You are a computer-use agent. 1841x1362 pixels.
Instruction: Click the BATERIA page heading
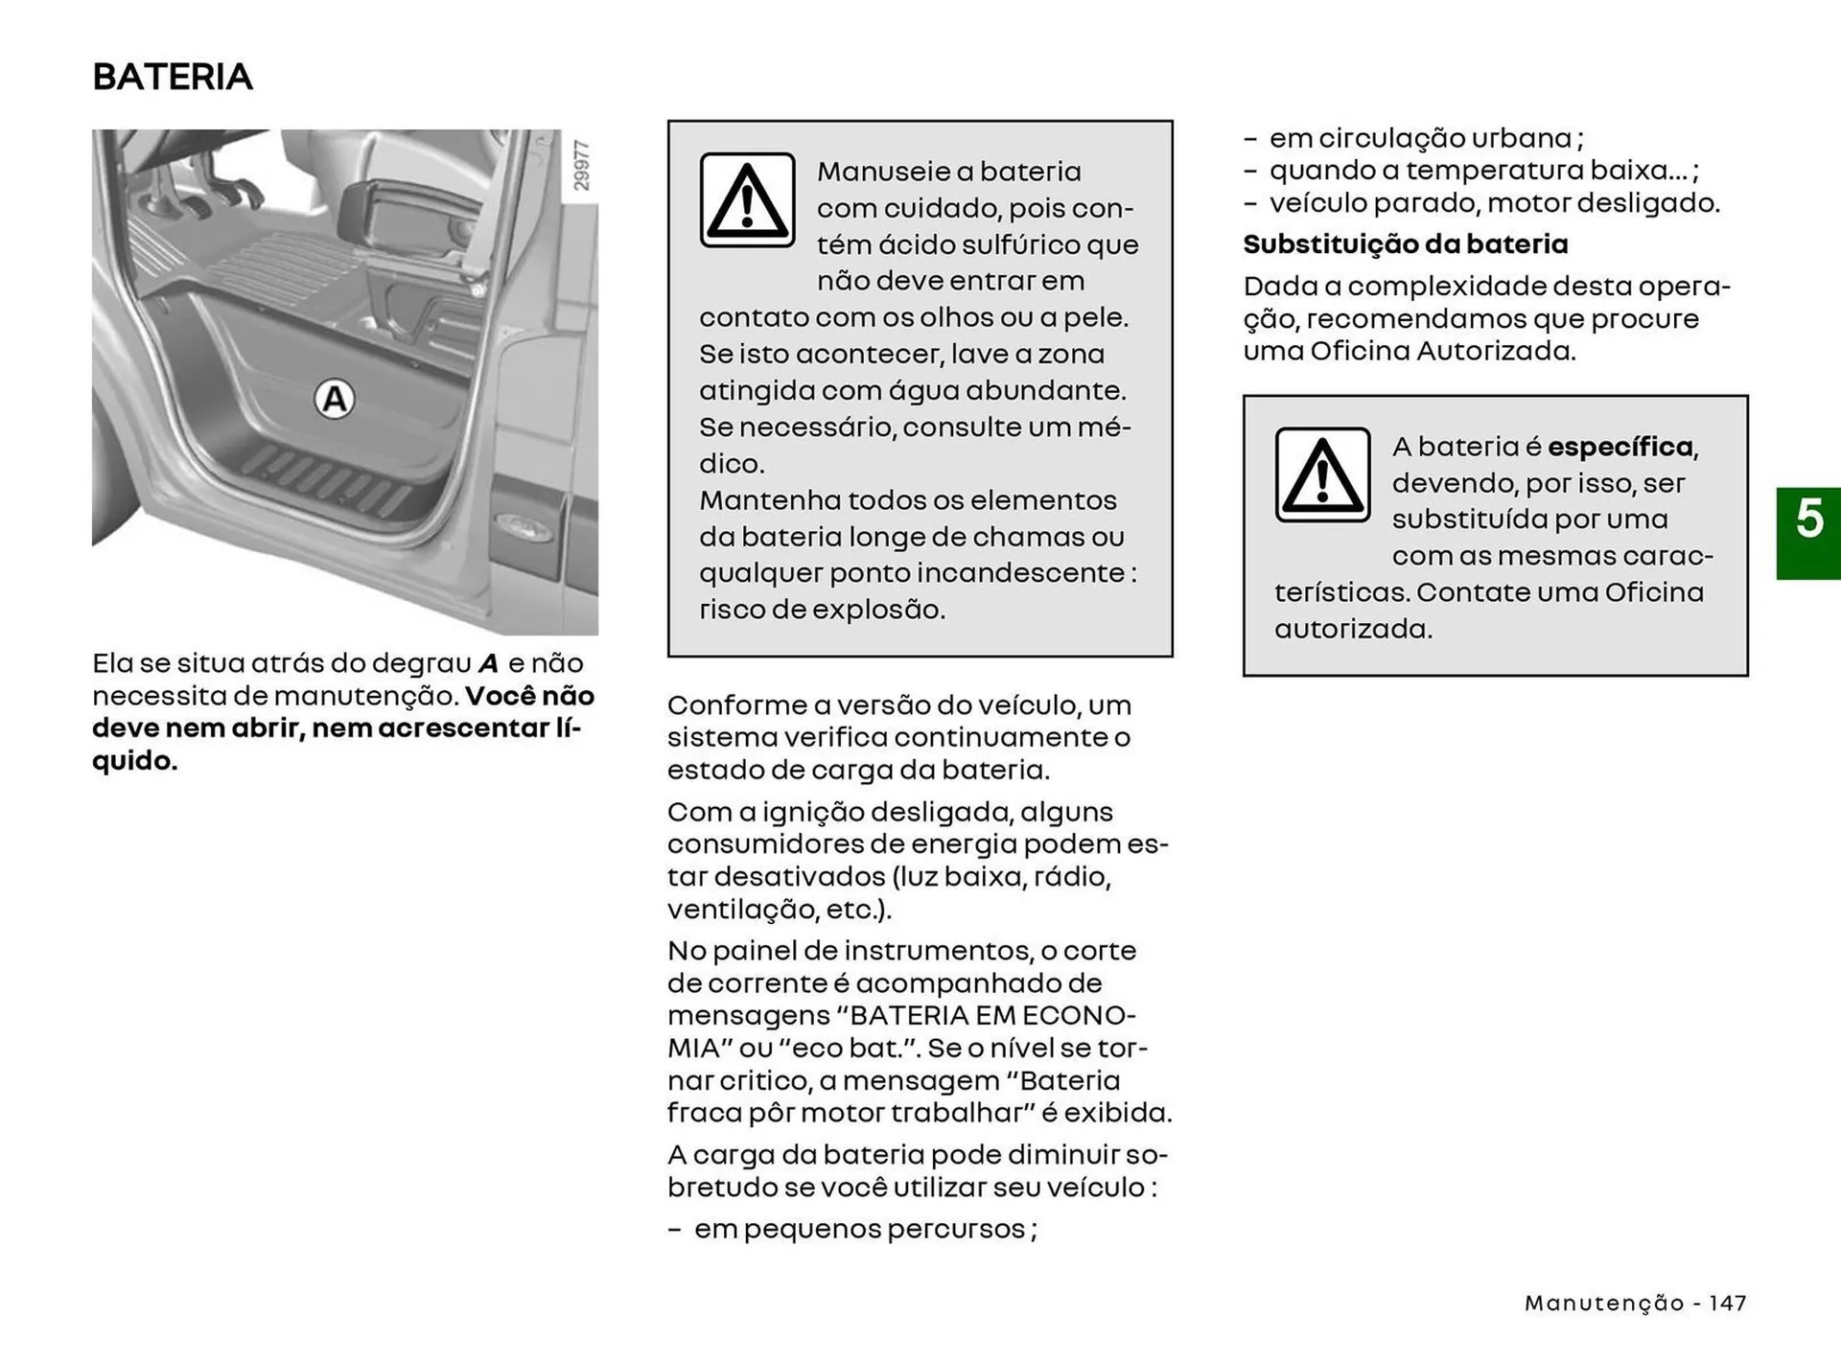[173, 77]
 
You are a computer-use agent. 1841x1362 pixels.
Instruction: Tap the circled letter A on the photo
[335, 399]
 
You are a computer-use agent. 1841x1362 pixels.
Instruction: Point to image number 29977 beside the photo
[581, 165]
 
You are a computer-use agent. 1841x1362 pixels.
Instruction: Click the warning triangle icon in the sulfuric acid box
[747, 200]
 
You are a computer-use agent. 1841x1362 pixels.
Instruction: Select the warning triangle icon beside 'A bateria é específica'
[1322, 474]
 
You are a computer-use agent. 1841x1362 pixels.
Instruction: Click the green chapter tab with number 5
[1808, 533]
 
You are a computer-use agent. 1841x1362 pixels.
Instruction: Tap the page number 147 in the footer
[1727, 1304]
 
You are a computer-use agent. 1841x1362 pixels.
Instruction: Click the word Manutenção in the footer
[1604, 1304]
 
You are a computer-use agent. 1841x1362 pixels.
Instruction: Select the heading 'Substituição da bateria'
[1405, 244]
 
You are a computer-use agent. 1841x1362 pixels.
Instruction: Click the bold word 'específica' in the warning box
[1620, 447]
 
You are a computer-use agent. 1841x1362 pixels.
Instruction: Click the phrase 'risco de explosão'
[822, 610]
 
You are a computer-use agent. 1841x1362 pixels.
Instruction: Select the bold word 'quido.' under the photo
[135, 761]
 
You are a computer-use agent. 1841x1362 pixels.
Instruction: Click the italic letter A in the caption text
[489, 663]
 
